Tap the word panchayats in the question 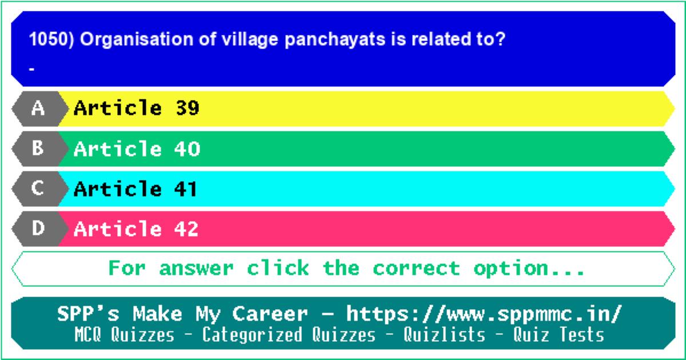click(335, 41)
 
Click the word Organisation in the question click(137, 40)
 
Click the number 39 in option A click(188, 108)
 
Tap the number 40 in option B click(187, 149)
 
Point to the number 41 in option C click(185, 189)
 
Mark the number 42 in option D click(186, 229)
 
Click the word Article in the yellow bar click(118, 108)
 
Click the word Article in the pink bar click(118, 229)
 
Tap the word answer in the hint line click(196, 269)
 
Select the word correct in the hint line click(417, 269)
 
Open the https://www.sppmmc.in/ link click(484, 314)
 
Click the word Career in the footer click(270, 314)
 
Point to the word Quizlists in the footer click(444, 334)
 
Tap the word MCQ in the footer click(87, 334)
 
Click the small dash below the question click(31, 70)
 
